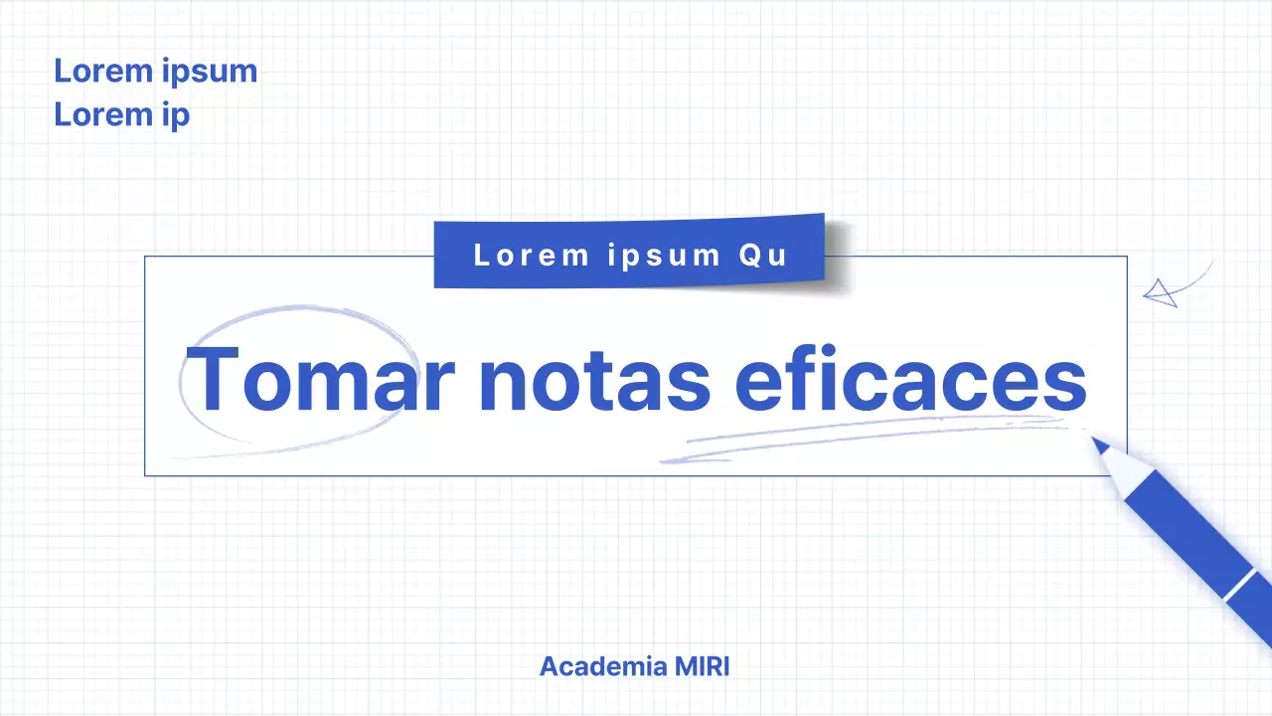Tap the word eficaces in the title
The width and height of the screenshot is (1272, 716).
click(x=910, y=380)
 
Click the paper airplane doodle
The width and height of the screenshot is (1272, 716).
click(x=1159, y=293)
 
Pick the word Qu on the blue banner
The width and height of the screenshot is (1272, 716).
click(x=763, y=255)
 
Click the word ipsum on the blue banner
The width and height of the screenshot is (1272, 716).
click(x=664, y=255)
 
